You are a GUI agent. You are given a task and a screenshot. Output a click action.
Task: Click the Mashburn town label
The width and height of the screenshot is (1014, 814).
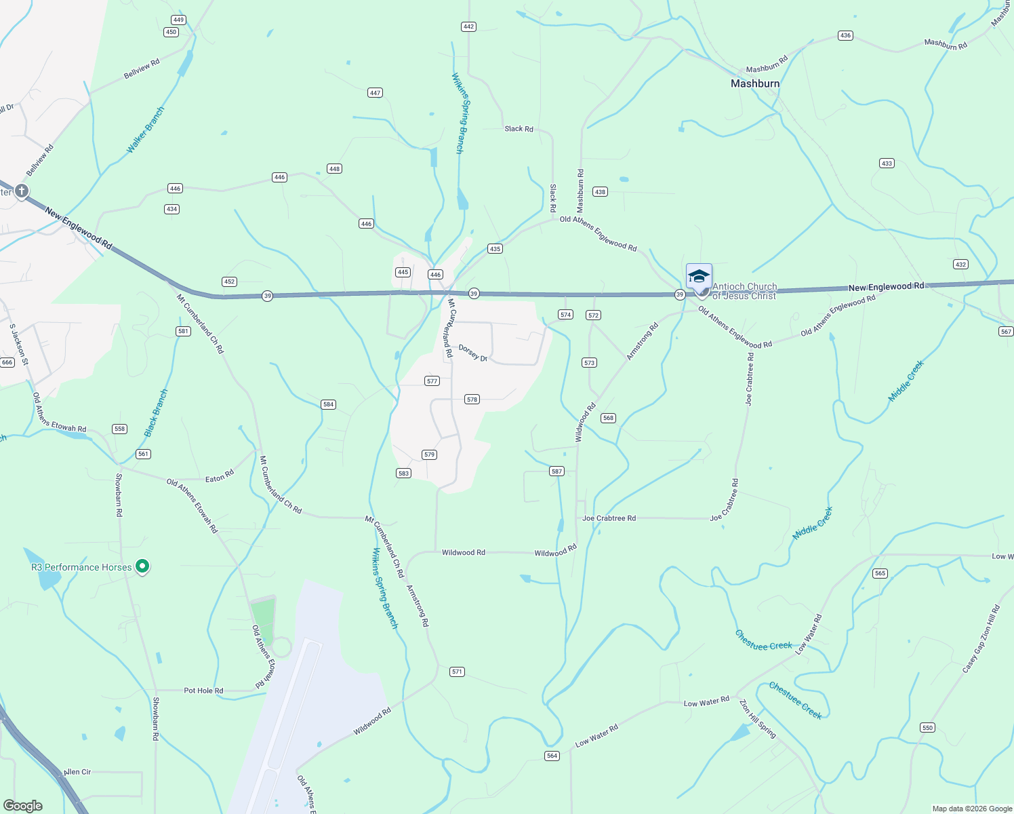(755, 83)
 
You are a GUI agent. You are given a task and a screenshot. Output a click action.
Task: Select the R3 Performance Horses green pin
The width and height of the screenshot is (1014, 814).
(142, 566)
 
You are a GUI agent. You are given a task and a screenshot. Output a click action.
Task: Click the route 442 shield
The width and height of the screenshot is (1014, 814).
(468, 27)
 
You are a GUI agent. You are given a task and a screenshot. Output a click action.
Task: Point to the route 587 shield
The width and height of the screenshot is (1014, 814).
(556, 471)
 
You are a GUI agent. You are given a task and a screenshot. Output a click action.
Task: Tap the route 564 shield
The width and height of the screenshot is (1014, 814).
(552, 756)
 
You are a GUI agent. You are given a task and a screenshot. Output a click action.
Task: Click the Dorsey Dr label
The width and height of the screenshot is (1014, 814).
(473, 353)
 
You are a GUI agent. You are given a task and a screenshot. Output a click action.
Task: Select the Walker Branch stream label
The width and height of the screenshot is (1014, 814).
(146, 130)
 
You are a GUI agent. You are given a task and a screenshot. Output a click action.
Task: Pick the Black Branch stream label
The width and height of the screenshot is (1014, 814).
(156, 412)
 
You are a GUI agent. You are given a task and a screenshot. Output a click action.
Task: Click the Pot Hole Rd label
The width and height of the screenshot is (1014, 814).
(203, 691)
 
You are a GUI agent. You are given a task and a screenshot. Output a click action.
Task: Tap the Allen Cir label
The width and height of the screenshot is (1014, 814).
(77, 772)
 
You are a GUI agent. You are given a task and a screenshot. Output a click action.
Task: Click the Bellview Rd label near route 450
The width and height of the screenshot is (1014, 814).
(142, 69)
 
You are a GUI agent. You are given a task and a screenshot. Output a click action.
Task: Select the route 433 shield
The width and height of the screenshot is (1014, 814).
(887, 163)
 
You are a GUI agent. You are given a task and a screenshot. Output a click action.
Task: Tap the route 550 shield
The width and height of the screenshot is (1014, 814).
(927, 728)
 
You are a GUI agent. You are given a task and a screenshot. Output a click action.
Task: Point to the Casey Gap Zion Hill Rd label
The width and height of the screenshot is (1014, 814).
(981, 639)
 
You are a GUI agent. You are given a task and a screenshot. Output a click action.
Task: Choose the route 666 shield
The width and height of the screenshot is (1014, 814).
(7, 362)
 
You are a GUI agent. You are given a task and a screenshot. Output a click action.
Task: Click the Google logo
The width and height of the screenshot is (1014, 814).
(23, 805)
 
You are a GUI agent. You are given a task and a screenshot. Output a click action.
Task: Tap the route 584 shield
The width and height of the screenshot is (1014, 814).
(328, 404)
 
